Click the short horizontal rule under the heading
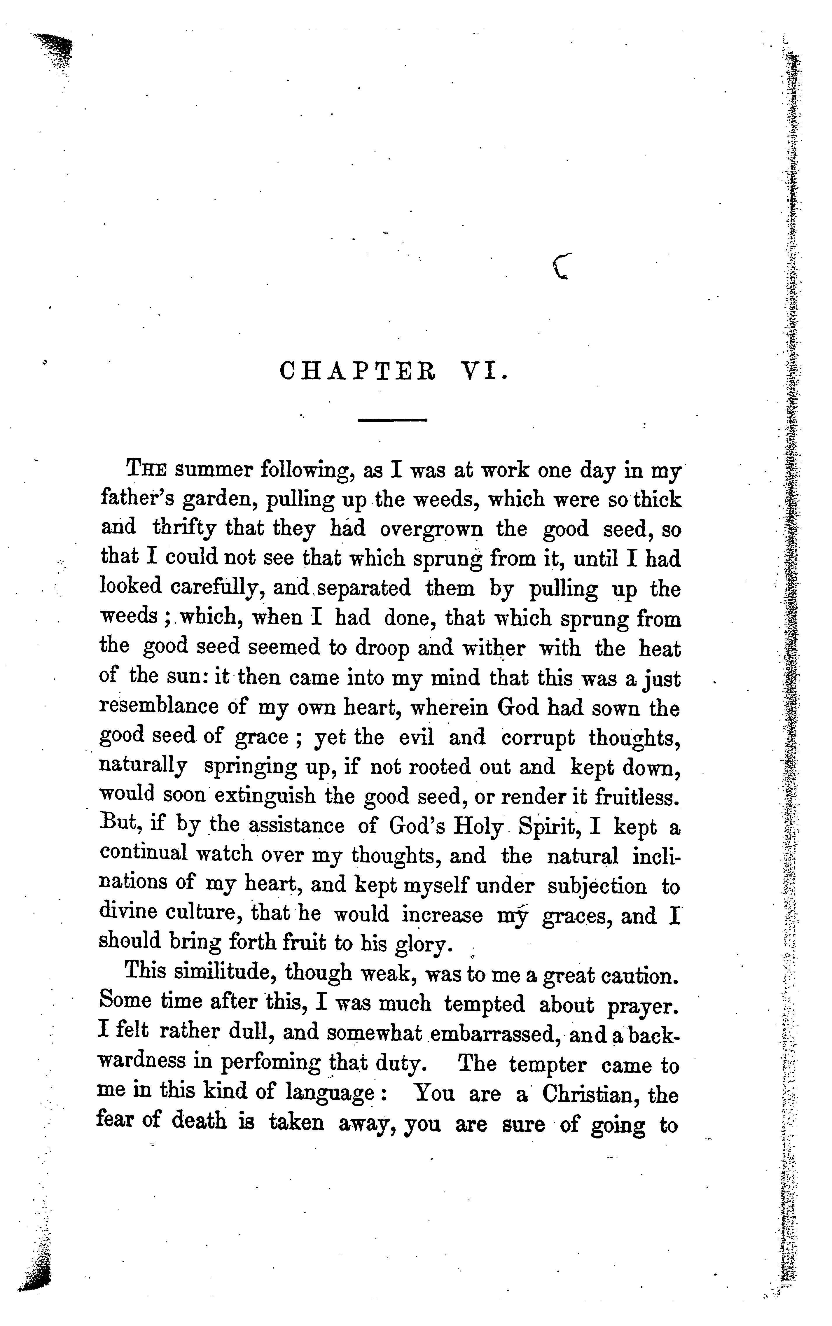click(x=392, y=421)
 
